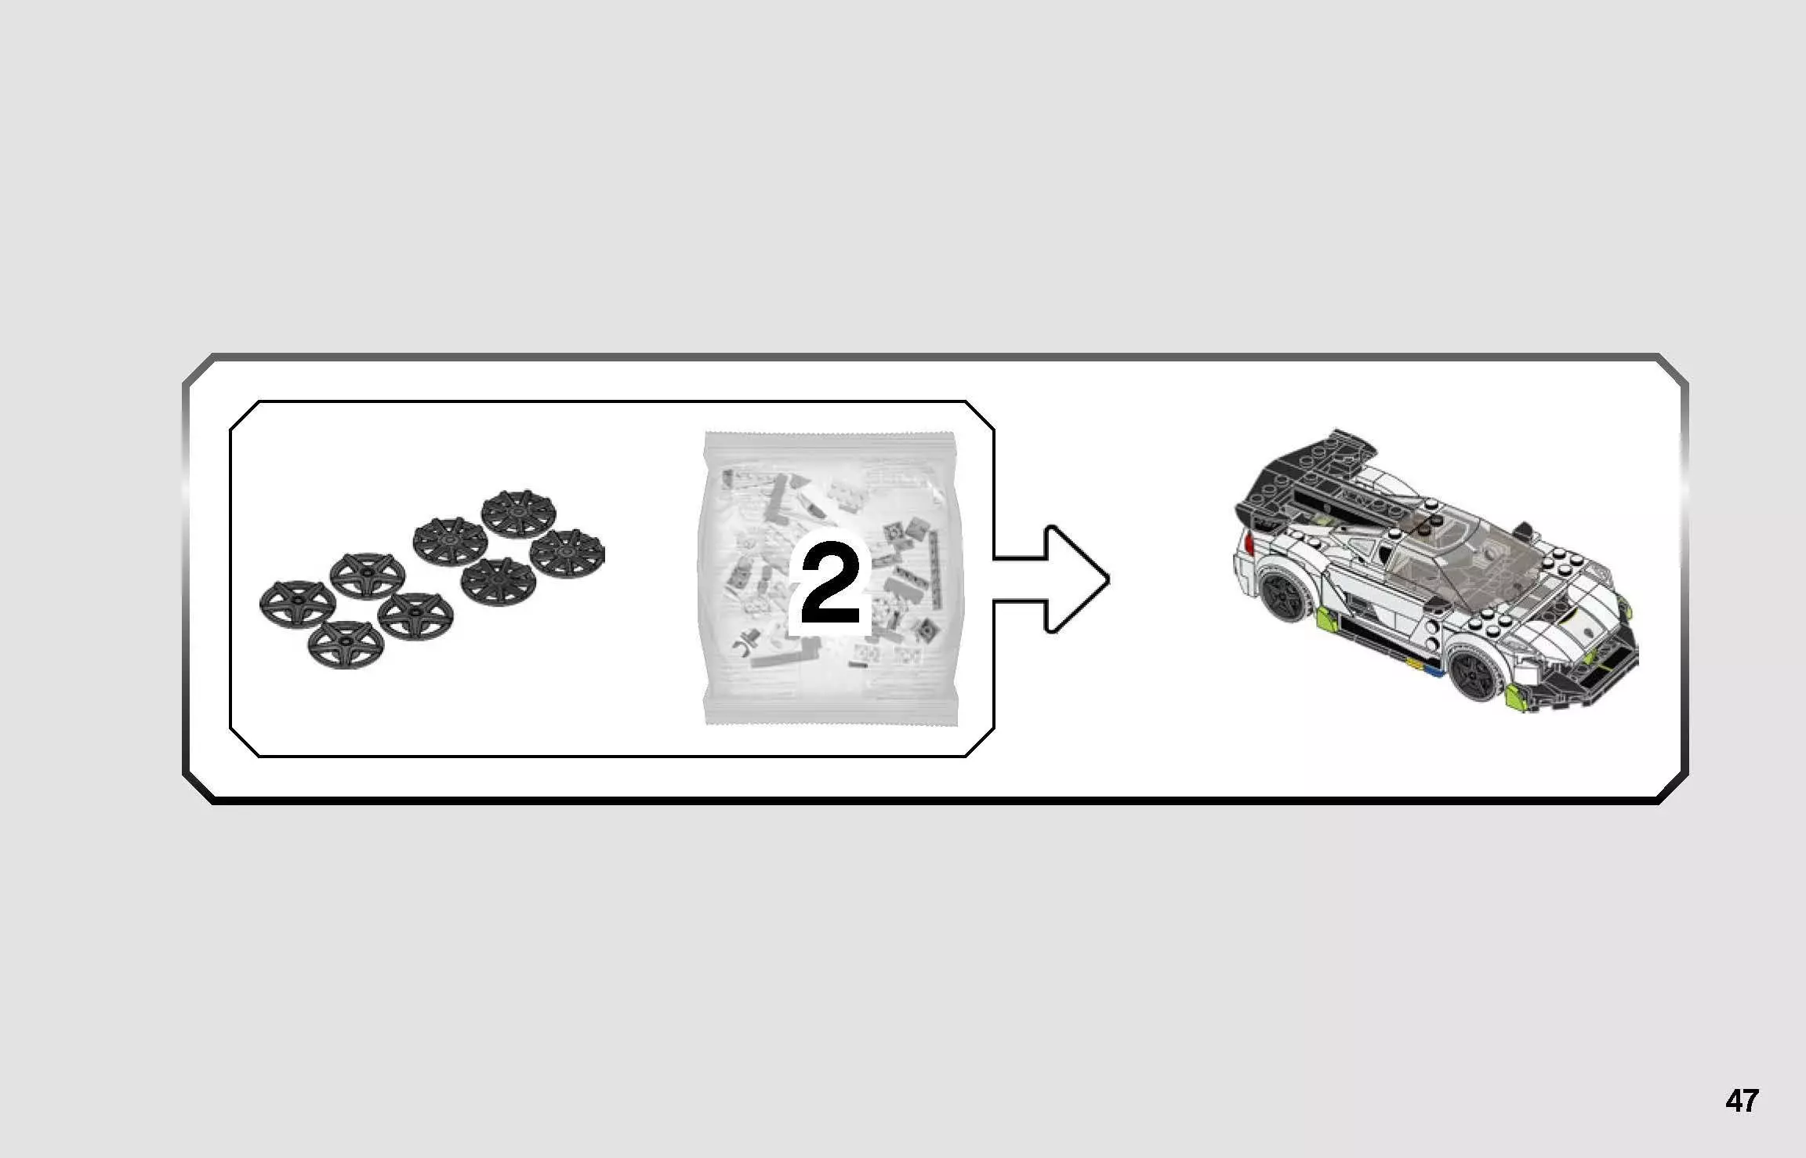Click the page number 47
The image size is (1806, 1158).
[x=1742, y=1101]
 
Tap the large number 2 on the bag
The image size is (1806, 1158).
[x=831, y=585]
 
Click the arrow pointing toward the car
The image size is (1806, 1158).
[x=1051, y=579]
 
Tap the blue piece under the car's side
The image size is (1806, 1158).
[x=1431, y=670]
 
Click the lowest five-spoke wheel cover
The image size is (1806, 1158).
[x=346, y=644]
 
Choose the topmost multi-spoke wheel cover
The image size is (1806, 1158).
[x=518, y=514]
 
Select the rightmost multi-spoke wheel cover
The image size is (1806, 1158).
[x=567, y=554]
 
